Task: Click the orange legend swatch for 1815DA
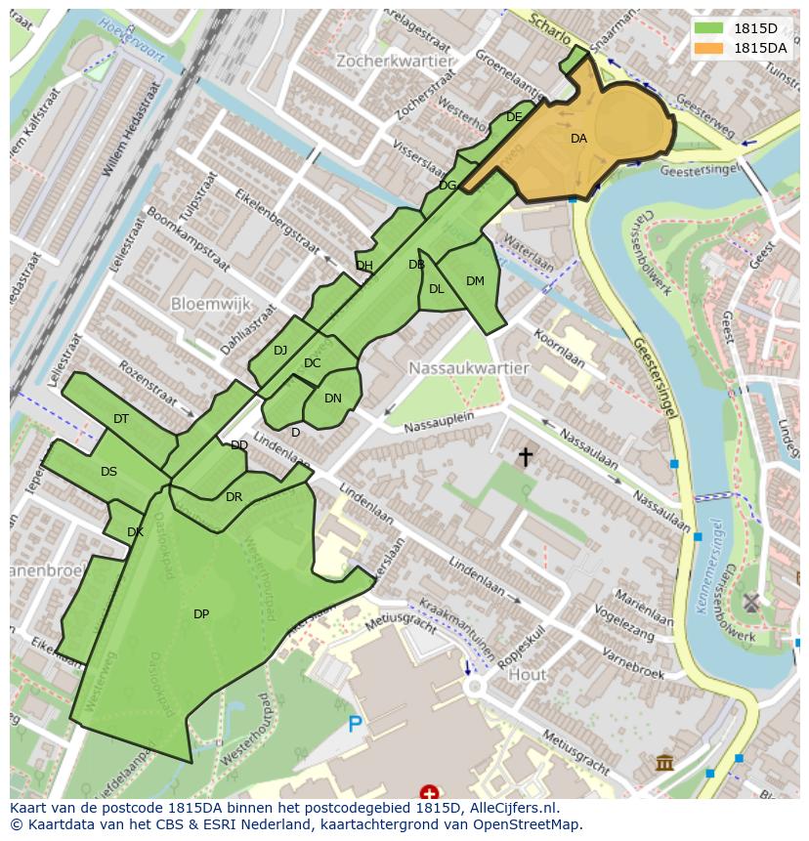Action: (x=709, y=48)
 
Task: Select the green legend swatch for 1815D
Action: (x=709, y=28)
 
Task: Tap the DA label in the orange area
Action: (x=578, y=139)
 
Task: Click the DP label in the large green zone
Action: (x=201, y=614)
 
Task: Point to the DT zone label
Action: (x=121, y=419)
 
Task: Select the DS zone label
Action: (x=108, y=472)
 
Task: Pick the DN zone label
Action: (x=333, y=399)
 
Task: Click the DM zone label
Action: (x=475, y=281)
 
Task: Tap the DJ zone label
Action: (x=280, y=351)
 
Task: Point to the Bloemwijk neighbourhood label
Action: (x=211, y=304)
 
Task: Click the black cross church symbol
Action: (x=526, y=456)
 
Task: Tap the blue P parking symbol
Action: (x=355, y=725)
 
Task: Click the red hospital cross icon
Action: (x=429, y=792)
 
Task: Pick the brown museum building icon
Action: (x=664, y=762)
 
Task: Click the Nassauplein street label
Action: (x=439, y=420)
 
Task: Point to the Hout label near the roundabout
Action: (x=528, y=675)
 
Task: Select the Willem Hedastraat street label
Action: (x=132, y=129)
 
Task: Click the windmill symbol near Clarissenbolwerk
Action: (x=750, y=602)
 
